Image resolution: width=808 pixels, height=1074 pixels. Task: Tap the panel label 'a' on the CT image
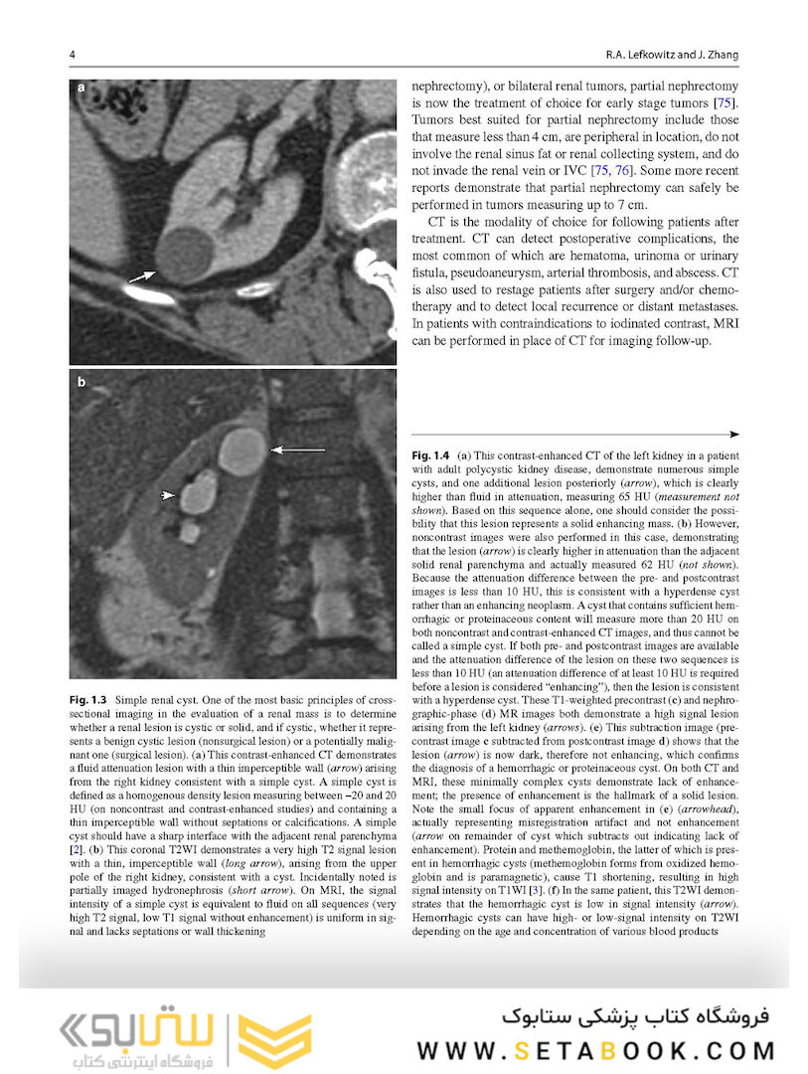click(81, 90)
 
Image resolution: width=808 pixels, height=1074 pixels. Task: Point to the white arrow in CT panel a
click(141, 275)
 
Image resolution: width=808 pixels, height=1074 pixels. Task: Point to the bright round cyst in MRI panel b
click(242, 451)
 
